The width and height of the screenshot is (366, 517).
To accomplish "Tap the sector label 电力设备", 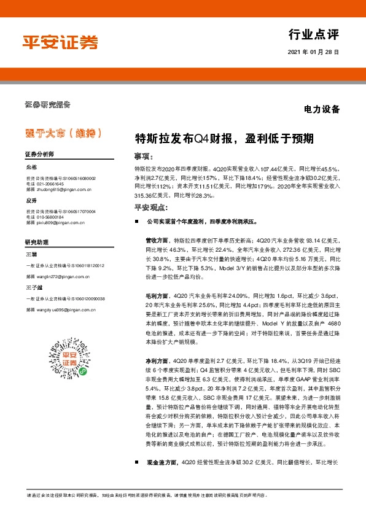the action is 321,110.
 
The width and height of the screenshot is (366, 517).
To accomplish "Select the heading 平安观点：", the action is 150,208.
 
